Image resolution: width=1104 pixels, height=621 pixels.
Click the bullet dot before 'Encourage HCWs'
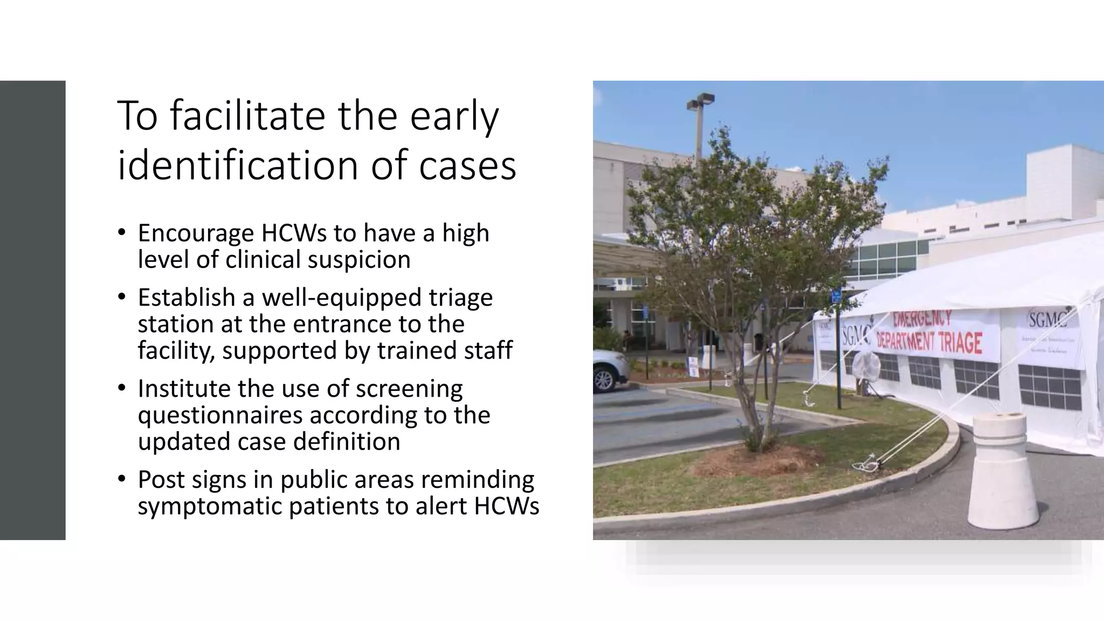click(122, 232)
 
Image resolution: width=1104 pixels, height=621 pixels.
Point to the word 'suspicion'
click(359, 259)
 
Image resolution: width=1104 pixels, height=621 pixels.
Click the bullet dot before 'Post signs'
click(122, 479)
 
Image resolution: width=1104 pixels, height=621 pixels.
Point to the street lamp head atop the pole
click(701, 101)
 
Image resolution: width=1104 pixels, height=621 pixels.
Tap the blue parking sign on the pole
click(836, 295)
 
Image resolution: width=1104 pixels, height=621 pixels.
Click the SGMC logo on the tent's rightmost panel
click(1046, 321)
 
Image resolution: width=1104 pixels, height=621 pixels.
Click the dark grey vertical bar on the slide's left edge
click(32, 310)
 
